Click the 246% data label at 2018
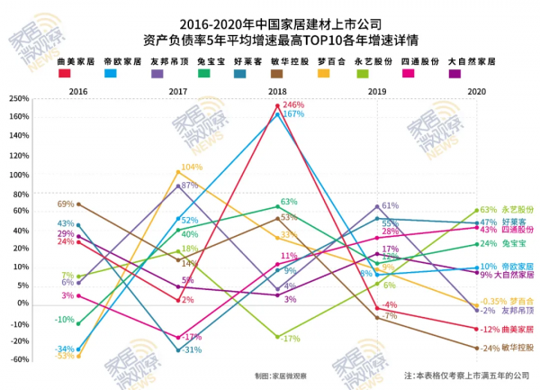pos(293,105)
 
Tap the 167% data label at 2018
pos(293,114)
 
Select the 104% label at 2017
pos(192,168)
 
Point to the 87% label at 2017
pos(189,186)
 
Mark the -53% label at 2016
pos(64,356)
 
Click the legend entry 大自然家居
pos(472,62)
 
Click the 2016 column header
pos(78,92)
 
